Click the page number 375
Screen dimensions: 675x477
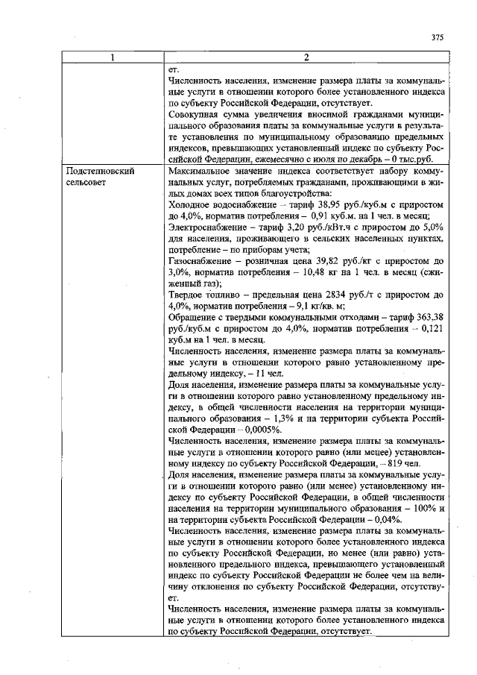click(437, 38)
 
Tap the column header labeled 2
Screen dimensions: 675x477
click(307, 58)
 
